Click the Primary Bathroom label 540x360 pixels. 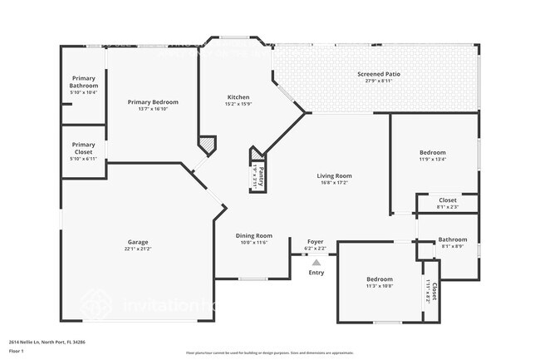[84, 82]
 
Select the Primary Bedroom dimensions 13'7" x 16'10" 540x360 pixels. [153, 109]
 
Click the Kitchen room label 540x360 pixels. [238, 97]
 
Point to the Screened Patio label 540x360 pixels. [379, 74]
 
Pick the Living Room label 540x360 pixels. [334, 175]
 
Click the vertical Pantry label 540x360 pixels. [262, 175]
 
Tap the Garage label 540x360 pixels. [138, 242]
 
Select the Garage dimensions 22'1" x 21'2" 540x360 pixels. [138, 249]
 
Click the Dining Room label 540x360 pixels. [253, 235]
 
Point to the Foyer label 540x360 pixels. [316, 242]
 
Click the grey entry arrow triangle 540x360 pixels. [316, 262]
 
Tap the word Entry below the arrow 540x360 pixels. [317, 273]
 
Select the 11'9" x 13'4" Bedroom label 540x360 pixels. [432, 152]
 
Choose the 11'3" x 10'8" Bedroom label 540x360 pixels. [380, 279]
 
